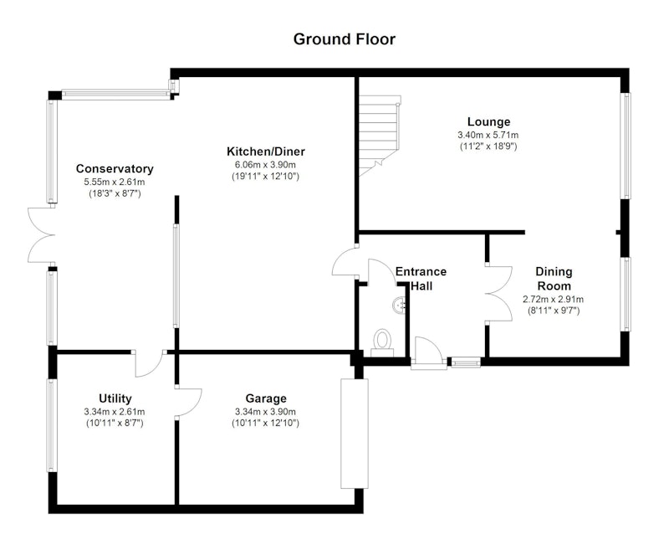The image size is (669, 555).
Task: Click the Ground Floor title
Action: coord(345,39)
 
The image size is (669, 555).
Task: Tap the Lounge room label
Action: coord(488,121)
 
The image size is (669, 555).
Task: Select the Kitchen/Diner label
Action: coord(265,152)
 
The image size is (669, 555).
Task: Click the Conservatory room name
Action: coord(115,169)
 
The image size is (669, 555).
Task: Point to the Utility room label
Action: coord(115,398)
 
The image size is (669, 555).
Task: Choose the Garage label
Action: coord(266,398)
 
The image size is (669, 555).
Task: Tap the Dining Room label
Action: coord(554,279)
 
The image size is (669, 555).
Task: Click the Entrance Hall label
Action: coord(421,279)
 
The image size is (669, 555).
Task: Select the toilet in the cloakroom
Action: coord(382,342)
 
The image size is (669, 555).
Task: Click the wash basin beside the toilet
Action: coord(400,305)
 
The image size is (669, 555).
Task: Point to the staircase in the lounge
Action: coord(380,136)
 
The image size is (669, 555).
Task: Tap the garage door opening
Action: coord(354,434)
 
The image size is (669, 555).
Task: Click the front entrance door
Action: coord(428,352)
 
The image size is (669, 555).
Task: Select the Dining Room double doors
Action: coord(498,294)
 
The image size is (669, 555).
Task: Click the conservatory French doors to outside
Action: coord(42,235)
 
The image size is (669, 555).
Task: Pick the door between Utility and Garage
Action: coord(188,402)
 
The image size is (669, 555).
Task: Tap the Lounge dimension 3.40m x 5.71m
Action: coord(488,135)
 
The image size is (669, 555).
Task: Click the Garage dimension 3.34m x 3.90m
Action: coord(265,412)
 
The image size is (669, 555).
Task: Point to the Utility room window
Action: coord(52,425)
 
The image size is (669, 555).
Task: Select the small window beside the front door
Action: coord(466,363)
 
